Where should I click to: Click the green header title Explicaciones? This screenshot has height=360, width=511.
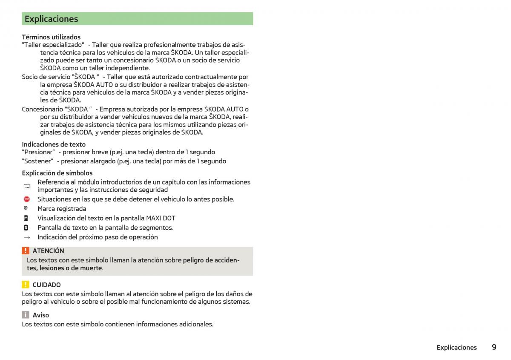pyautogui.click(x=51, y=19)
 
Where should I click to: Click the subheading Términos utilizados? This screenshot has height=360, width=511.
pyautogui.click(x=51, y=37)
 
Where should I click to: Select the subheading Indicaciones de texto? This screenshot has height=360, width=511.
pyautogui.click(x=54, y=144)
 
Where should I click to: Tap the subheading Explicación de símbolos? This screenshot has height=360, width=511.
pyautogui.click(x=57, y=173)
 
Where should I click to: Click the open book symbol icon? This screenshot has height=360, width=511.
pyautogui.click(x=27, y=186)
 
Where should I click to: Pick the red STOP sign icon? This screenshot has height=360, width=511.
pyautogui.click(x=26, y=199)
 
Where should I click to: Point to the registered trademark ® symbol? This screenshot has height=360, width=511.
pyautogui.click(x=26, y=208)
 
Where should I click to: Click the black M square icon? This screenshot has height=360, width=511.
pyautogui.click(x=26, y=218)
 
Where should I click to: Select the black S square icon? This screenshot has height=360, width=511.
pyautogui.click(x=26, y=228)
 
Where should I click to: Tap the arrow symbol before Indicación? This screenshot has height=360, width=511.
pyautogui.click(x=27, y=237)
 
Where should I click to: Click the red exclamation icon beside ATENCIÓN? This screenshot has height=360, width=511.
pyautogui.click(x=26, y=251)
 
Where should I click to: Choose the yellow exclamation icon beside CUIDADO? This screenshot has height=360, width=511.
pyautogui.click(x=26, y=285)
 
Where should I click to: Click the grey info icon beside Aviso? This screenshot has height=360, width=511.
pyautogui.click(x=26, y=315)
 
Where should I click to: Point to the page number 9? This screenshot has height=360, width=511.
pyautogui.click(x=494, y=347)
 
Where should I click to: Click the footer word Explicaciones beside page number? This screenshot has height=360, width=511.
pyautogui.click(x=456, y=348)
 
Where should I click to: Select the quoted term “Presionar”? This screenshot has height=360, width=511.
pyautogui.click(x=38, y=152)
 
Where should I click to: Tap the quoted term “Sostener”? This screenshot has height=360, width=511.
pyautogui.click(x=37, y=161)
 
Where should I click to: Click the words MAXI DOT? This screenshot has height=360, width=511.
pyautogui.click(x=161, y=218)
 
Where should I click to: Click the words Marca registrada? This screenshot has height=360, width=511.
pyautogui.click(x=62, y=209)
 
